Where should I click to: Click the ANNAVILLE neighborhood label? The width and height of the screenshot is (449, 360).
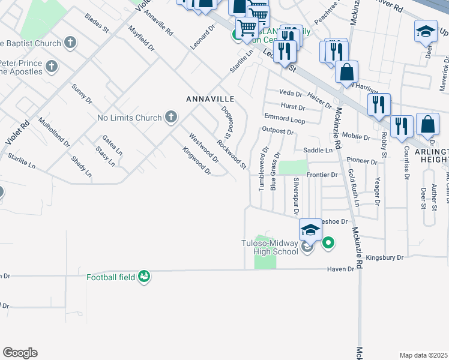(x=209, y=98)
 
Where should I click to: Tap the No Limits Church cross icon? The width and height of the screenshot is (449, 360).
(x=171, y=117)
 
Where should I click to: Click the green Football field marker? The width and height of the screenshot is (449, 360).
(x=143, y=277)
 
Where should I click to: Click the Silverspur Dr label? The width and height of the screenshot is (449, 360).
(x=296, y=196)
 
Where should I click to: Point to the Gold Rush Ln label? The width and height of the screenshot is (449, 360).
(x=353, y=188)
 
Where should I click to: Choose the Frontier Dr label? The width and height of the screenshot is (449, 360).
(x=322, y=175)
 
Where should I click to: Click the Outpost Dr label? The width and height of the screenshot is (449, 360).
(x=277, y=131)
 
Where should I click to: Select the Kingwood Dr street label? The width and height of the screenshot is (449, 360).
(x=197, y=161)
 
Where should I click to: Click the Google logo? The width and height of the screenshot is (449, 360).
(x=20, y=353)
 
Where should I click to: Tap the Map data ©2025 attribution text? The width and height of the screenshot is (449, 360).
(x=423, y=355)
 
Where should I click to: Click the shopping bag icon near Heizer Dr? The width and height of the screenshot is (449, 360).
(x=347, y=72)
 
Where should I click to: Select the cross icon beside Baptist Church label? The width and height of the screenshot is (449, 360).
(x=71, y=43)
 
